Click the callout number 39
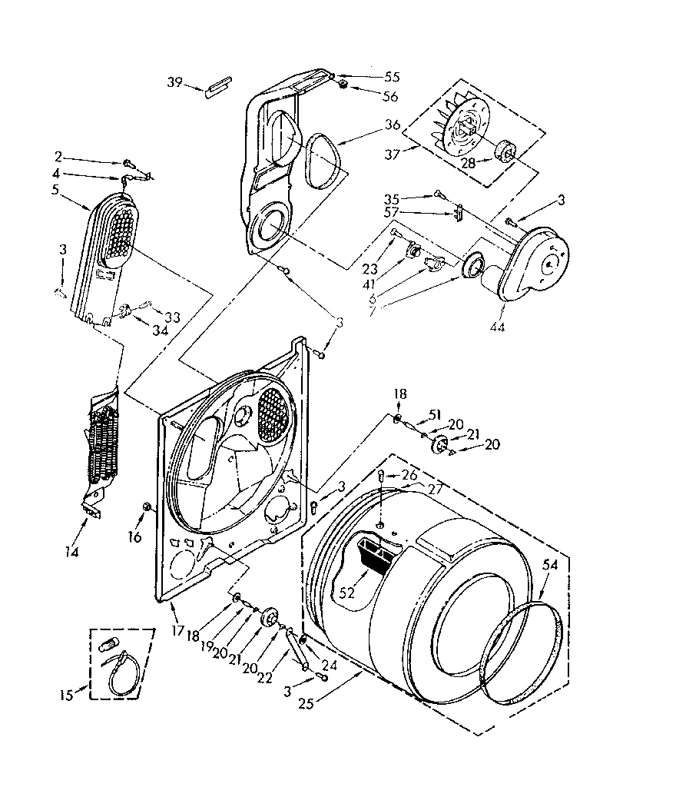[x=175, y=81]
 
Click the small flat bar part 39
[x=217, y=82]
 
